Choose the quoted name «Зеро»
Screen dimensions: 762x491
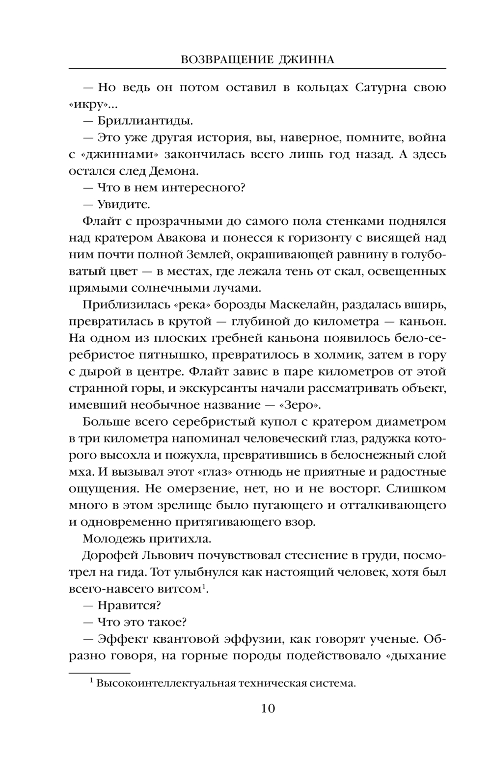(302, 405)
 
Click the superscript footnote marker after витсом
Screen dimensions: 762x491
(202, 586)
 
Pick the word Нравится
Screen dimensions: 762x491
(130, 606)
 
